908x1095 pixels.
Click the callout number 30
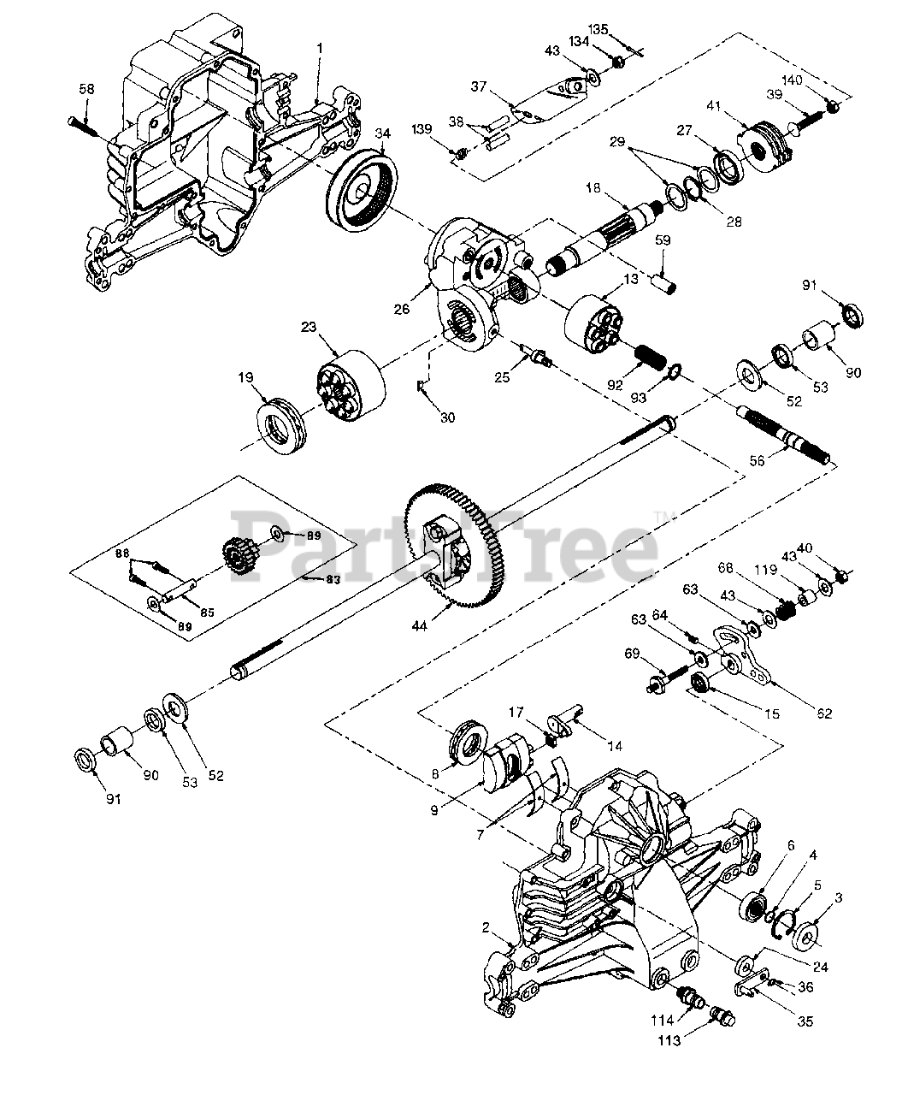tap(447, 417)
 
